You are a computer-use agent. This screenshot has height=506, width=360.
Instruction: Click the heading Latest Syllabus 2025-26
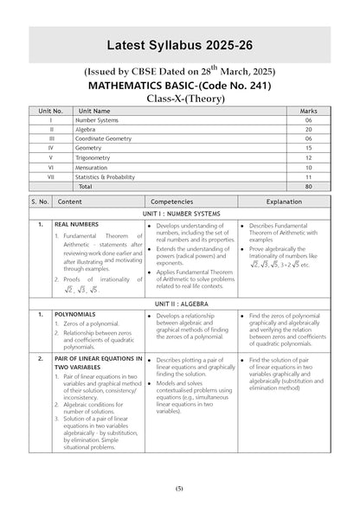click(x=180, y=45)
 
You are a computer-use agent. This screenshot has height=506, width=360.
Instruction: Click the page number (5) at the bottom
click(x=180, y=490)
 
